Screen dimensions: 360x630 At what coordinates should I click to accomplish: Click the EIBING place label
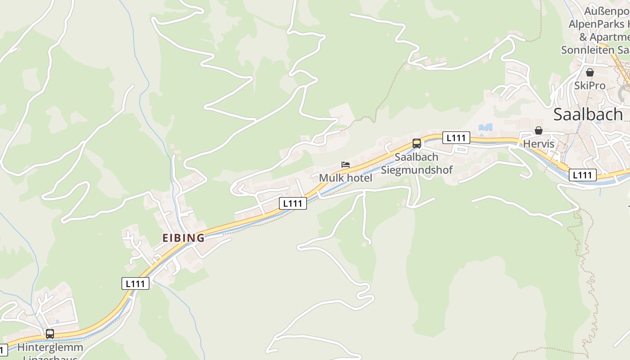pos(183,238)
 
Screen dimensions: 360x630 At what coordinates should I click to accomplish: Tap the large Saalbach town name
pos(588,114)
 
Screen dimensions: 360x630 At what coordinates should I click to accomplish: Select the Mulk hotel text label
pos(346,178)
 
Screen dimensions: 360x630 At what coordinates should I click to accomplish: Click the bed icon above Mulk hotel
pos(346,165)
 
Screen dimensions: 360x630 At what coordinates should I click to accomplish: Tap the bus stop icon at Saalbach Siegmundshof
pos(417,144)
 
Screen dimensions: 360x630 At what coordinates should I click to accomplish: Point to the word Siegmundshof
pos(417,170)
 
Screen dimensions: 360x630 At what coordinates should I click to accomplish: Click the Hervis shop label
pos(539,144)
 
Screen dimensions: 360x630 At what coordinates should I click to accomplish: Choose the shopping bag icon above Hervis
pos(539,131)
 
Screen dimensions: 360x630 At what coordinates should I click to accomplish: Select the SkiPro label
pos(589,85)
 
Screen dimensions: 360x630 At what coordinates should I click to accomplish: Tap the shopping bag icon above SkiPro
pos(589,72)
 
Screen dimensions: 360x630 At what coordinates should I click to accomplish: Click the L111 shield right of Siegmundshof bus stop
pos(456,138)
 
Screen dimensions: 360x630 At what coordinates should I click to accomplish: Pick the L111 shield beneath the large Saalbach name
pos(583,175)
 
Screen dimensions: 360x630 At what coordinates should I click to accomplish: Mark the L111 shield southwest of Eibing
pos(135,283)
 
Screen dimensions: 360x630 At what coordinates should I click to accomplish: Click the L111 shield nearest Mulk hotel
pos(293,203)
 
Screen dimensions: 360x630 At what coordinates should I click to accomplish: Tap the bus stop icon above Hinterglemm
pos(50,334)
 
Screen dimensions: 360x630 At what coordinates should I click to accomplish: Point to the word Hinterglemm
pos(50,347)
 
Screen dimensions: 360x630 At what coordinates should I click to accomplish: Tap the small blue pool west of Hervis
pos(486,127)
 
